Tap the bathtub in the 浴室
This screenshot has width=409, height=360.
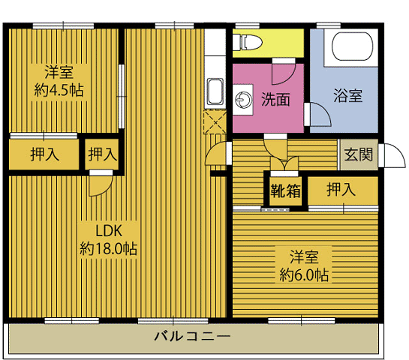pos(352,46)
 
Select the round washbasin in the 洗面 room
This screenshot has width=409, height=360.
pos(244,99)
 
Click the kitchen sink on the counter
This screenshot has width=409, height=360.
pos(215,91)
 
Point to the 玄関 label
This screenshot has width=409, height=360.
pos(358,154)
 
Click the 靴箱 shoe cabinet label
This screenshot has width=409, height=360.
pos(285,191)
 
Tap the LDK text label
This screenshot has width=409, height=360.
pos(109,231)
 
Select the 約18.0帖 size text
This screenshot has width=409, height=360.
pos(108,249)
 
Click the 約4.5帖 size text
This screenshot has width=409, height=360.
pos(59,91)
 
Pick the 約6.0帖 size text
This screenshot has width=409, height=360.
pos(304,275)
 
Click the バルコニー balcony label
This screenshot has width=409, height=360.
pos(192,336)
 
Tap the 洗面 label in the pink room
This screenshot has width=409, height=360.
pos(275,99)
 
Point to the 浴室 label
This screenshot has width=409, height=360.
pos(348,95)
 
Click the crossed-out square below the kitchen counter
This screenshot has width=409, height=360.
pos(215,122)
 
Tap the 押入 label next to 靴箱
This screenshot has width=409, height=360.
pos(341,190)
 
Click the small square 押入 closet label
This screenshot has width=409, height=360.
pos(103,154)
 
